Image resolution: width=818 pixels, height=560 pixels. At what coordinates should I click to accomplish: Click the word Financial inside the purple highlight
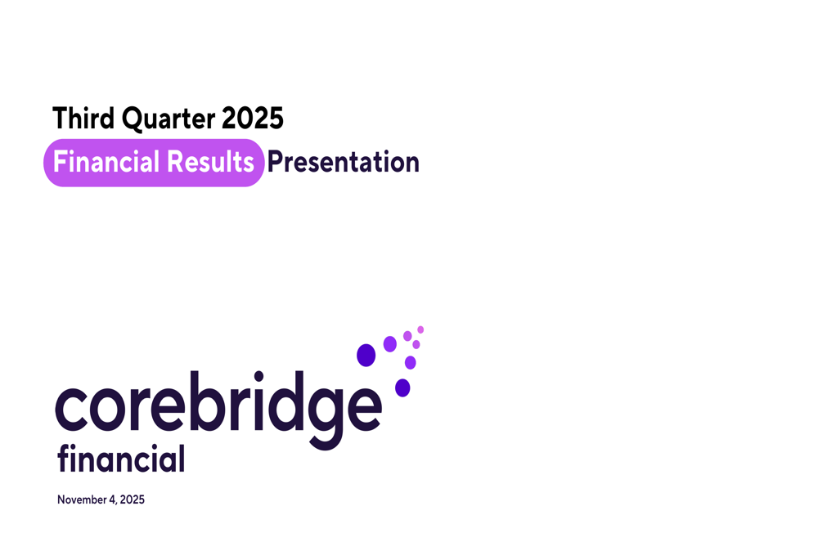coord(106,162)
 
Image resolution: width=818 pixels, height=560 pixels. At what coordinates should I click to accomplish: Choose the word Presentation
coord(343,162)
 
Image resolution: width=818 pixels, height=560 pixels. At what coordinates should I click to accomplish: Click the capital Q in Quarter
coord(132,119)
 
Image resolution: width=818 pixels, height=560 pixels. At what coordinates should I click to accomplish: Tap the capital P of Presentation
coord(275,162)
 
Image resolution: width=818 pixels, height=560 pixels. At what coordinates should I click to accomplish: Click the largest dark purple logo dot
coord(366,355)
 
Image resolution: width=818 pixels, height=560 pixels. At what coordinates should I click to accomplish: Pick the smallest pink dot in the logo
coord(420,329)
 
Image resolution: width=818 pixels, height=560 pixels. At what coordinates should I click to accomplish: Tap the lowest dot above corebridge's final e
coord(402,388)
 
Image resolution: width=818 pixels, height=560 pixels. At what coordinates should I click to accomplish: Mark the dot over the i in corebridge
coord(259,377)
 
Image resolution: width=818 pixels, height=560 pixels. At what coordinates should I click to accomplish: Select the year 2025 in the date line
coord(132,500)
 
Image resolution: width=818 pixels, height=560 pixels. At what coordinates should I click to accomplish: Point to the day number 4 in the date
coord(111,500)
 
